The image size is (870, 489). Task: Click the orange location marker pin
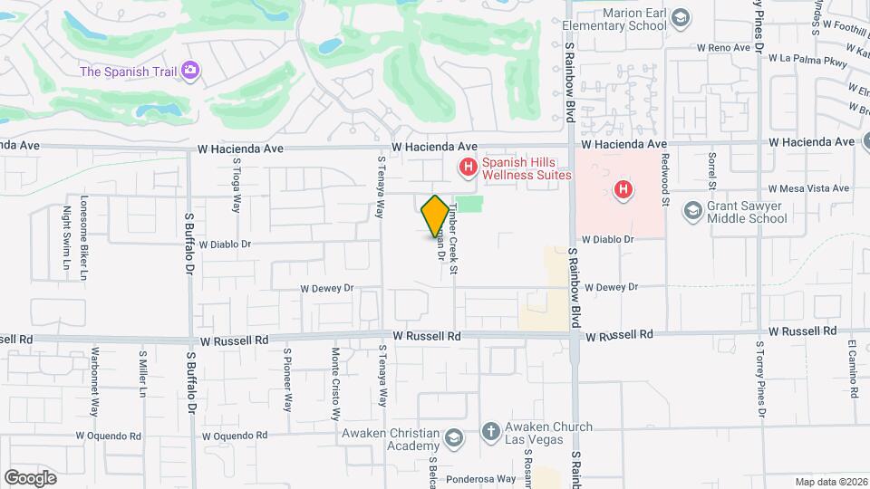click(x=435, y=216)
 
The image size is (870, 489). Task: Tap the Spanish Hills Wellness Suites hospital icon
click(x=468, y=167)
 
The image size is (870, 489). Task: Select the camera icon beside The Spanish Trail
click(x=190, y=71)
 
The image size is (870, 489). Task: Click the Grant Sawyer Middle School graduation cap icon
click(x=693, y=211)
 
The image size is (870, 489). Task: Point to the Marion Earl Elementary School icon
click(x=681, y=17)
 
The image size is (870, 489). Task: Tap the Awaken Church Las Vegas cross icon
click(x=490, y=433)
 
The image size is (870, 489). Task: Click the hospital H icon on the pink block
click(x=623, y=190)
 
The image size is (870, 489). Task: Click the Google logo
click(x=30, y=477)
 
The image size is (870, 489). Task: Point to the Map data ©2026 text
click(x=830, y=482)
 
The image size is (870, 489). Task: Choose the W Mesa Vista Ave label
click(x=808, y=188)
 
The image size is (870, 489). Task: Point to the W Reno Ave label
click(x=726, y=46)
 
